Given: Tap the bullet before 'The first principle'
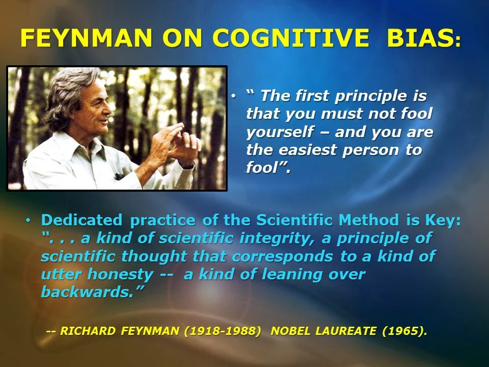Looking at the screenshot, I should (x=234, y=96).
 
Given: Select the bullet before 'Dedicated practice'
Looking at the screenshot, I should (x=29, y=220).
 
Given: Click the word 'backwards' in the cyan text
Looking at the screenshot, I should (x=87, y=292).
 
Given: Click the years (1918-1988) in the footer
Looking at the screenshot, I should (x=223, y=331).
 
